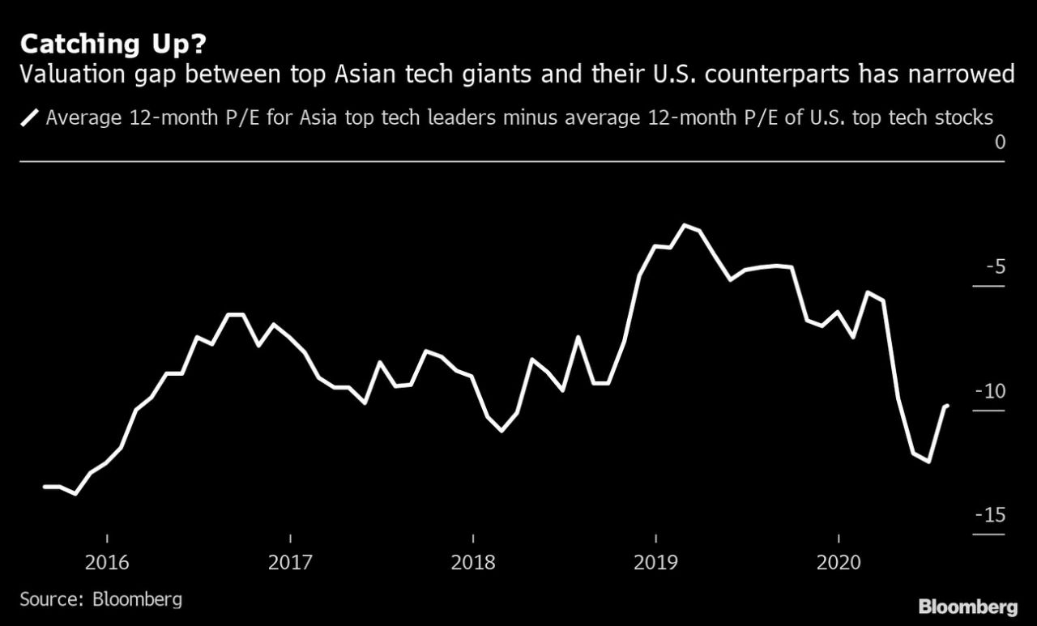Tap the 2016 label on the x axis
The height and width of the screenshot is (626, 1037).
pyautogui.click(x=107, y=563)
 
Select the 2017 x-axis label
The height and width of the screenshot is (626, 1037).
pyautogui.click(x=289, y=563)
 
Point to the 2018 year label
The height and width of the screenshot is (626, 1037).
pyautogui.click(x=472, y=563)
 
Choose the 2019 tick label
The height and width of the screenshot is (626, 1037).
pyautogui.click(x=655, y=563)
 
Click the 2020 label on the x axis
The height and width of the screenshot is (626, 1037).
pyautogui.click(x=838, y=563)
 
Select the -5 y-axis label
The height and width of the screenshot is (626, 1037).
pyautogui.click(x=995, y=266)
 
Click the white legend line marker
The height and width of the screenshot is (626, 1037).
pyautogui.click(x=30, y=118)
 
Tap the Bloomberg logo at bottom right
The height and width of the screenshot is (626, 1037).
pyautogui.click(x=967, y=607)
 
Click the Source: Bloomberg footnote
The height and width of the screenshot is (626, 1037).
pyautogui.click(x=101, y=600)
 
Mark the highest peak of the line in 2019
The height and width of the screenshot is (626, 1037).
pyautogui.click(x=685, y=224)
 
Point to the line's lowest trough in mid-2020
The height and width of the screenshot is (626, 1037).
pyautogui.click(x=928, y=462)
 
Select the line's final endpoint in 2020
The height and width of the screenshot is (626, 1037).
pyautogui.click(x=947, y=405)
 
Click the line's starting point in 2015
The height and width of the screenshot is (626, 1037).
pyautogui.click(x=45, y=486)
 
